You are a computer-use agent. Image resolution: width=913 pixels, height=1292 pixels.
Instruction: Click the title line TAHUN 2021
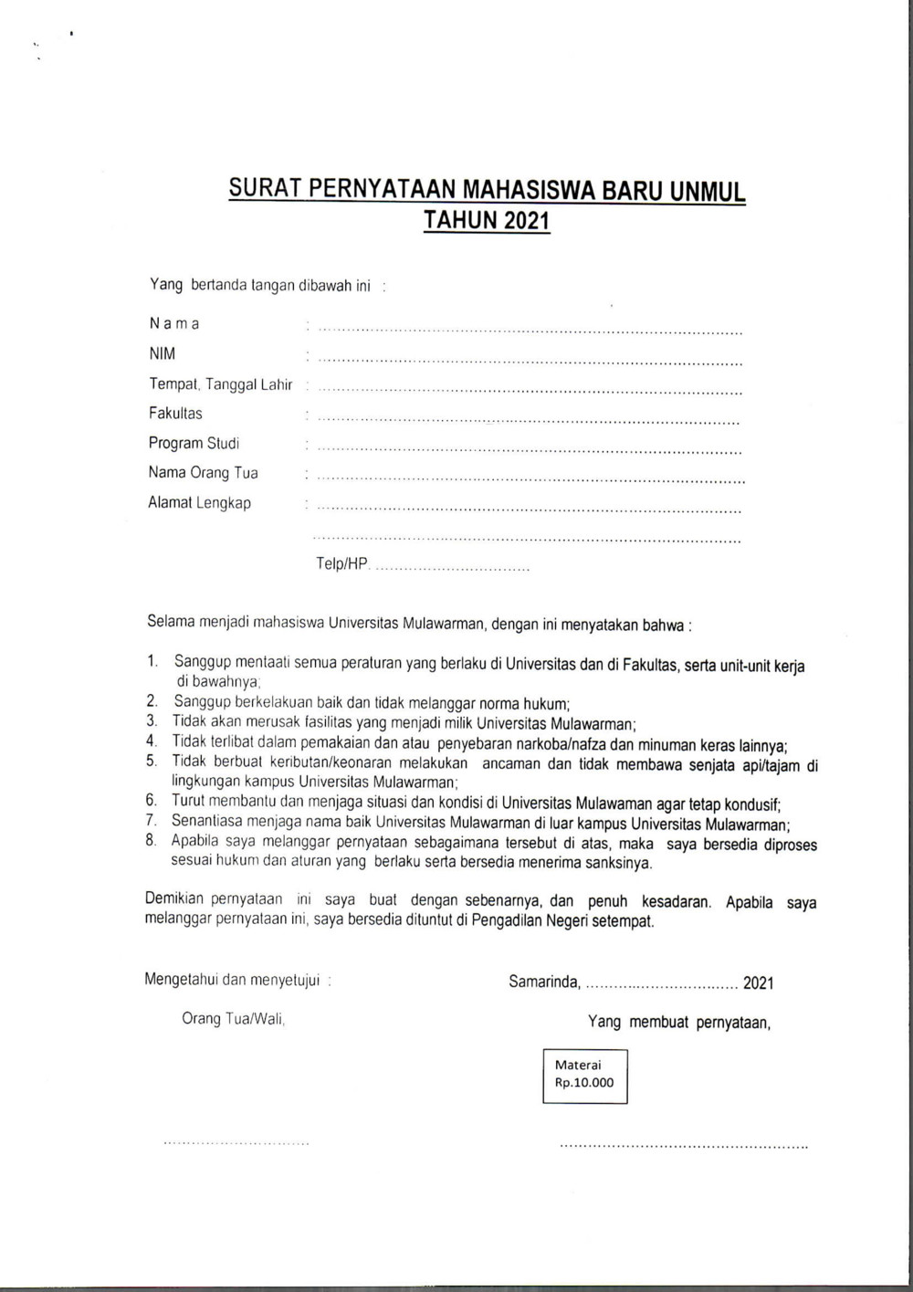click(487, 220)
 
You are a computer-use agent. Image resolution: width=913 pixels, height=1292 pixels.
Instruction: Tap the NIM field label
click(162, 353)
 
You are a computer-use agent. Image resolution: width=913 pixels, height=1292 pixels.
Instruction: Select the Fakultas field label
click(175, 413)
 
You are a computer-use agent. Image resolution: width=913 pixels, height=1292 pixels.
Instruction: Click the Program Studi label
click(194, 443)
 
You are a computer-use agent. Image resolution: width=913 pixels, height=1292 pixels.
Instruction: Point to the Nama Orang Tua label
click(203, 473)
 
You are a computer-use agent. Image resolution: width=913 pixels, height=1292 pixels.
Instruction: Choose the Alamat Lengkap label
click(199, 503)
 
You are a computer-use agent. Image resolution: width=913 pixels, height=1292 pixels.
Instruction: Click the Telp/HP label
click(342, 563)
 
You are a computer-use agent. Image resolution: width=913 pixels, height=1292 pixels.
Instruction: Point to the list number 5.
click(152, 761)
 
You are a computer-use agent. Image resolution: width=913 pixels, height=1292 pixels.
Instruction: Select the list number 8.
click(152, 841)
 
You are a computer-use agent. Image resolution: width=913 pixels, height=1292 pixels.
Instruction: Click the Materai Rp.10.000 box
click(584, 1075)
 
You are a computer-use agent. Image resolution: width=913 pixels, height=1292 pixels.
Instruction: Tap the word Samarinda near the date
click(544, 982)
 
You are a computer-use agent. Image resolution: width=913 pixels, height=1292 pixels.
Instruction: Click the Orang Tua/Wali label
click(234, 1019)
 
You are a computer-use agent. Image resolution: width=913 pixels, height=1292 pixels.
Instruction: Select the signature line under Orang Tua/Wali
click(236, 1142)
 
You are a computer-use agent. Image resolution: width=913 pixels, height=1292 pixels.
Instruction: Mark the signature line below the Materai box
click(683, 1144)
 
